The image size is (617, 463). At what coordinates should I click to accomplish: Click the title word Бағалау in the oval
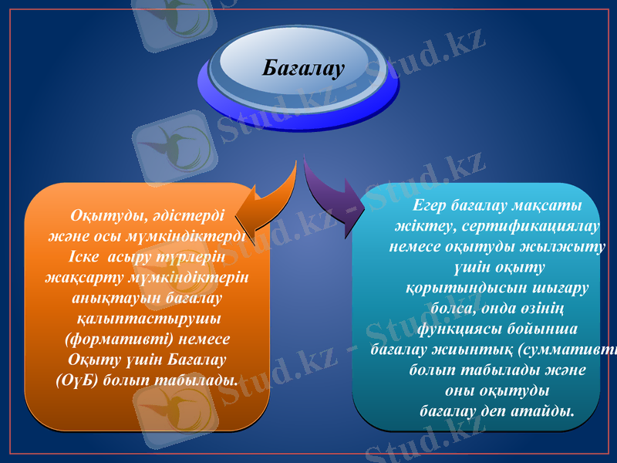pyautogui.click(x=302, y=69)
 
